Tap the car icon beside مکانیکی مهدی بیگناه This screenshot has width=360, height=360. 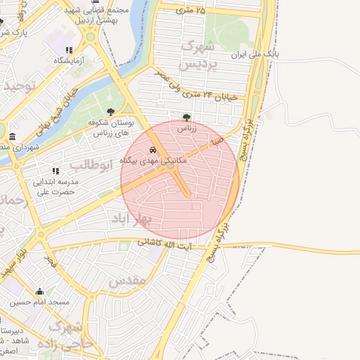tap(153, 150)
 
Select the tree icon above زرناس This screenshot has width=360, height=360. tap(186, 118)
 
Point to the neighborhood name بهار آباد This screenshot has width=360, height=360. tap(131, 219)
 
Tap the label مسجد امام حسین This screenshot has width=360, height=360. tap(39, 302)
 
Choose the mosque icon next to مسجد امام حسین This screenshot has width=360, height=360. tap(39, 292)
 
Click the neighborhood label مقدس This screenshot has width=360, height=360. tap(127, 279)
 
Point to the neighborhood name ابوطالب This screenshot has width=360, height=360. tap(91, 165)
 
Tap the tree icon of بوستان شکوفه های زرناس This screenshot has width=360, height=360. tap(110, 112)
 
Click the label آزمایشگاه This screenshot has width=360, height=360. tap(69, 60)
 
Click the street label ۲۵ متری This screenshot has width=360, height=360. tap(192, 10)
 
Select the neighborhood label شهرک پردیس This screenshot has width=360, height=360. tap(198, 55)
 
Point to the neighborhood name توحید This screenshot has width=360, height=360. tap(19, 85)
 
